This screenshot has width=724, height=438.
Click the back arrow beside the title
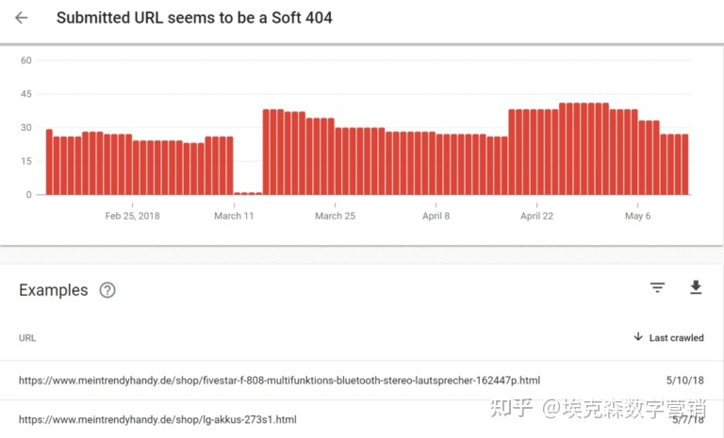coord(22,18)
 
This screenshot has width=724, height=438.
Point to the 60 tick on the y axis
coord(26,60)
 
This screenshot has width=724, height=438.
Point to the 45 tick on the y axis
coord(26,94)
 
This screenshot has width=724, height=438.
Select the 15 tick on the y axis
coord(26,161)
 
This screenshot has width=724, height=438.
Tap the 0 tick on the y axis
coord(29,195)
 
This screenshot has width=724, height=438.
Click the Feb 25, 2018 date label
coord(132,216)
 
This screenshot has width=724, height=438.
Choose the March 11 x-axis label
coord(234,216)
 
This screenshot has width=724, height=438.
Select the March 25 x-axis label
coord(335,216)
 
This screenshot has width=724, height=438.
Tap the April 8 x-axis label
coord(436,216)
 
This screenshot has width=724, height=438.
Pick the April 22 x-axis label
coord(536,216)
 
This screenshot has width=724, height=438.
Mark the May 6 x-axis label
coord(637,216)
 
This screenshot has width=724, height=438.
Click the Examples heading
coord(54,290)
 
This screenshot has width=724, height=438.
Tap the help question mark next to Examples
coord(107,290)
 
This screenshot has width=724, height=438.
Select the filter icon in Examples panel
coord(657,288)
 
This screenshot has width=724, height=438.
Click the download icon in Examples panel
coord(696,288)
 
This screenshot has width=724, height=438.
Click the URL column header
coord(27,337)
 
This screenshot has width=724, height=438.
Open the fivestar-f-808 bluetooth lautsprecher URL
coord(279,381)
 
